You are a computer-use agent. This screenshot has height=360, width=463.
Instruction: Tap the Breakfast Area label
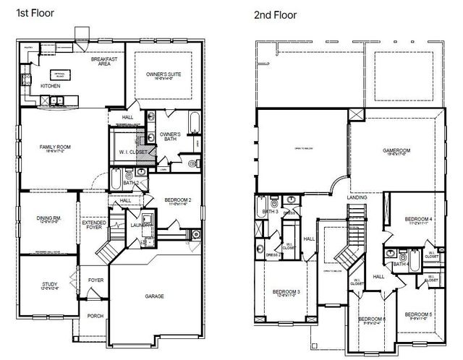104,61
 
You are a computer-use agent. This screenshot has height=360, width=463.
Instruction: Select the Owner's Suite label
163,74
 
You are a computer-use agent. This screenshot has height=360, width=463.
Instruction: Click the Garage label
153,296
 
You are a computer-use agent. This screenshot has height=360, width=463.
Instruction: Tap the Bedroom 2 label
177,200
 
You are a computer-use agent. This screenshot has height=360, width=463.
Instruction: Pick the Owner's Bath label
169,135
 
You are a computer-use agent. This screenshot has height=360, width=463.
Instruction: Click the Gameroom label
396,150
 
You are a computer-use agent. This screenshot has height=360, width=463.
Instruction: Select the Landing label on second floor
357,197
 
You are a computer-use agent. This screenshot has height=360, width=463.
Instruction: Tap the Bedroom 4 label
418,218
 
